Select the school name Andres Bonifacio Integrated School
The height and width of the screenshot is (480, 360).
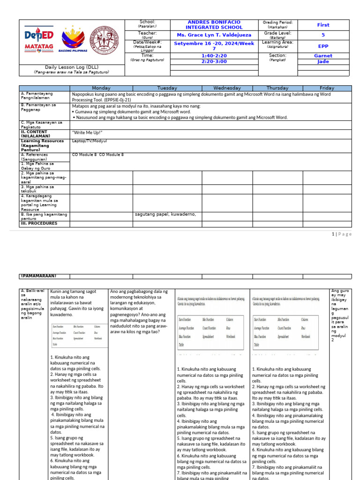(214, 25)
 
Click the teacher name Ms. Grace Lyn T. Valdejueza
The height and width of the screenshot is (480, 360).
(214, 35)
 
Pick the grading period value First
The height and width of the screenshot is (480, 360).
(323, 25)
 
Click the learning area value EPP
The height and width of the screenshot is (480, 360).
(323, 46)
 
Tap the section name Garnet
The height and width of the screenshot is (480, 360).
(323, 56)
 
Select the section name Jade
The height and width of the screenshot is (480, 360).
(323, 61)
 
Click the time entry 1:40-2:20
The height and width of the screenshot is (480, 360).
(214, 56)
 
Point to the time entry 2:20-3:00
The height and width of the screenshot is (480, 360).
(214, 61)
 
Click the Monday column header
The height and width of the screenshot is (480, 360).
(101, 88)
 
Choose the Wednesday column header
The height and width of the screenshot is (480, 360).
(227, 88)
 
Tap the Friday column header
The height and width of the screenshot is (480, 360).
(327, 88)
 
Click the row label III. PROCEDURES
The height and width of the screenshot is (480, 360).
(38, 224)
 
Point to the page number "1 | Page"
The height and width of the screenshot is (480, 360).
(341, 234)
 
